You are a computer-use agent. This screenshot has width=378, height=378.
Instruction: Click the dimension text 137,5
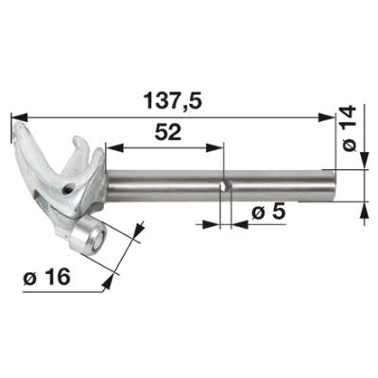click(172, 101)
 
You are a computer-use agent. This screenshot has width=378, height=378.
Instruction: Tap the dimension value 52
click(168, 132)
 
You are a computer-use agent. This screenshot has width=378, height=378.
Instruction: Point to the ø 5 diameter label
click(268, 213)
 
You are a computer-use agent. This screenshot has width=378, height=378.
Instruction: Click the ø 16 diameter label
click(46, 277)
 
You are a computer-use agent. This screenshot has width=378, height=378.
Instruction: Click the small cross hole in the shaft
click(223, 186)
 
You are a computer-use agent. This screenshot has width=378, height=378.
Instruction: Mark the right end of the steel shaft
click(335, 185)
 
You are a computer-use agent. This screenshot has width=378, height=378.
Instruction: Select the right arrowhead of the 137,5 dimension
click(326, 118)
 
